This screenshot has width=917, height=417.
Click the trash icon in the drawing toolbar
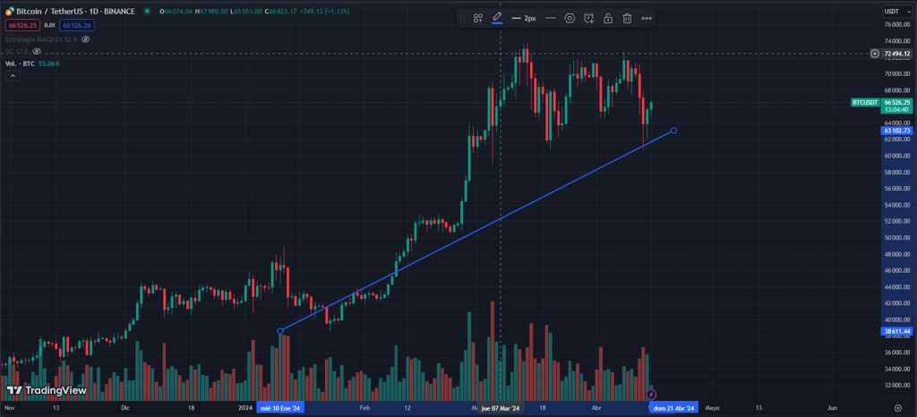coord(628,18)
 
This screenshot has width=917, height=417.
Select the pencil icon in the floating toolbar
coord(497,18)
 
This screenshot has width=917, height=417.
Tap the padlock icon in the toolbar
coord(608,18)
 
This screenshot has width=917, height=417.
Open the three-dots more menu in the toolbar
coord(647,18)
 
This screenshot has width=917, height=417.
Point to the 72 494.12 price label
coord(896,54)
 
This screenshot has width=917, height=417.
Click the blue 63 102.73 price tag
coord(896,131)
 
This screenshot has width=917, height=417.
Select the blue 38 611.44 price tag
coord(896,331)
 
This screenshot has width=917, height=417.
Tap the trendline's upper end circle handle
coord(673,131)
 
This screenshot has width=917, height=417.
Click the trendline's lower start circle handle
coord(280,331)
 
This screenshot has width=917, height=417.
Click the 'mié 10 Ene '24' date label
coord(280,408)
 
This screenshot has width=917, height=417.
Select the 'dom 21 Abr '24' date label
coord(673,408)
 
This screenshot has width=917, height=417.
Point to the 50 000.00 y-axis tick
coord(896,238)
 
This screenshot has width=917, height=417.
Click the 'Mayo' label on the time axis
coord(712,408)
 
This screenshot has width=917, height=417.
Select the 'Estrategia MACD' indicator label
coord(33,40)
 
